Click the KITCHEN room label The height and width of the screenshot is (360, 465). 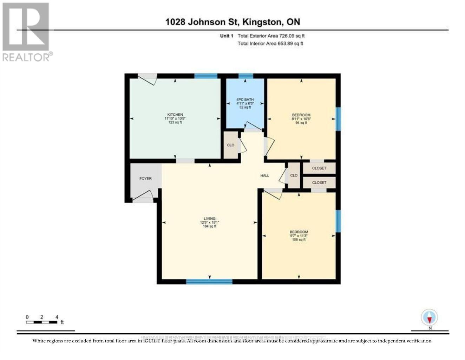coord(175,115)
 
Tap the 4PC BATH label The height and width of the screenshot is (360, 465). coord(245,100)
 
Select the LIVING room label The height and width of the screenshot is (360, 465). coord(209,219)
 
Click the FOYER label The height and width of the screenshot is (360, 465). coord(145,179)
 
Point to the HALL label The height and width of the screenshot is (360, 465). coord(265,175)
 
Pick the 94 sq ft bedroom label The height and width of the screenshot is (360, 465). coord(301,115)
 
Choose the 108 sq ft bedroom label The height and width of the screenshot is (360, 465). coord(299,232)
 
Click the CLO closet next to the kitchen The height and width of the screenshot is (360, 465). coord(231,145)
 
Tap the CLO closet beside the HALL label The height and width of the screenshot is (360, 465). coord(294,175)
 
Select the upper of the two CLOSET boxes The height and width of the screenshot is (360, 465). coord(319,168)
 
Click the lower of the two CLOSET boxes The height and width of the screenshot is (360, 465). coord(319,182)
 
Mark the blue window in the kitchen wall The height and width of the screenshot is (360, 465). coord(206,76)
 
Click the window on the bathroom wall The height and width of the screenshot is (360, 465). coord(245,76)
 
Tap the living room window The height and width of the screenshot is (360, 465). coord(209,281)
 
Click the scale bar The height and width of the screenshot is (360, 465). coord(42,322)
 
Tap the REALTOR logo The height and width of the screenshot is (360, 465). coord(27,32)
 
